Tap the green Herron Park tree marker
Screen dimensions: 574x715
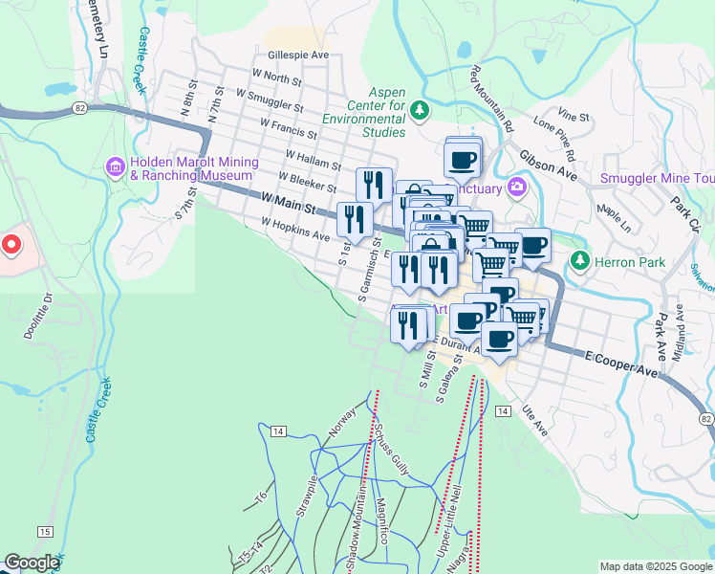click(578, 259)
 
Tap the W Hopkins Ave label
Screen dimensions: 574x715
click(295, 230)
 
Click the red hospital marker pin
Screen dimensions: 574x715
click(11, 245)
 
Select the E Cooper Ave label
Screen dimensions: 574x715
click(622, 363)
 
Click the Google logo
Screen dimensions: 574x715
click(32, 563)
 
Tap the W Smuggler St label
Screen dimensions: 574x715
click(261, 99)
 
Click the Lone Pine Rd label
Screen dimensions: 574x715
click(555, 139)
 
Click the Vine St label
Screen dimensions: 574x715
click(576, 115)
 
